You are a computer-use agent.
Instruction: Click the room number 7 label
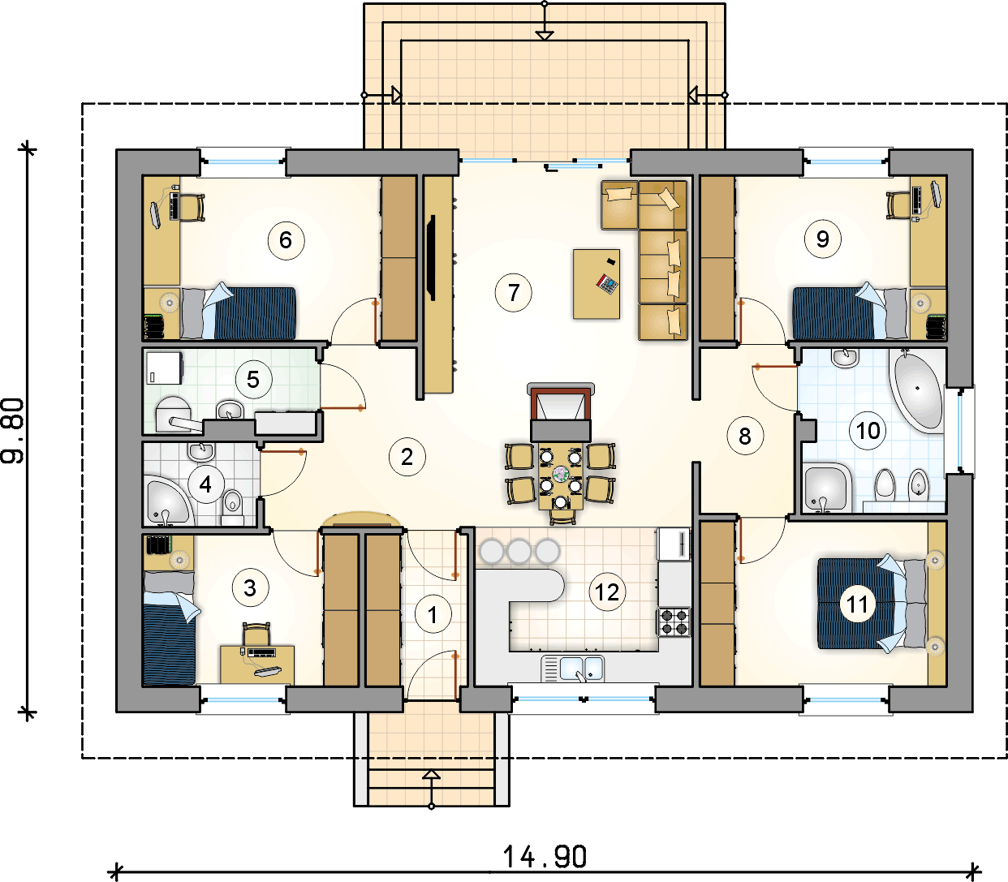click(514, 293)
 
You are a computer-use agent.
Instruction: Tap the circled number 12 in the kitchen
click(607, 592)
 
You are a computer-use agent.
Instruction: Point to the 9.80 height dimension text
click(13, 430)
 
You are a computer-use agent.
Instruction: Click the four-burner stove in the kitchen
click(674, 622)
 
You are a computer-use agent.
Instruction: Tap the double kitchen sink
click(573, 668)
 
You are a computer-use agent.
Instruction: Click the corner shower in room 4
click(167, 501)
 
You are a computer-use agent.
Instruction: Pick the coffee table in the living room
click(597, 284)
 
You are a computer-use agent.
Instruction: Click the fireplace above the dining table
click(561, 411)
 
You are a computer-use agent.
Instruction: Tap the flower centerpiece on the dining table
click(561, 474)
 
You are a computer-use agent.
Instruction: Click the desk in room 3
click(257, 665)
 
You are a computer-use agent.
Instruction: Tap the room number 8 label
click(745, 436)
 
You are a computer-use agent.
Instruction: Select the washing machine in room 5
click(164, 368)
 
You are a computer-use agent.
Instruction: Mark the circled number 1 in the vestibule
click(433, 614)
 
